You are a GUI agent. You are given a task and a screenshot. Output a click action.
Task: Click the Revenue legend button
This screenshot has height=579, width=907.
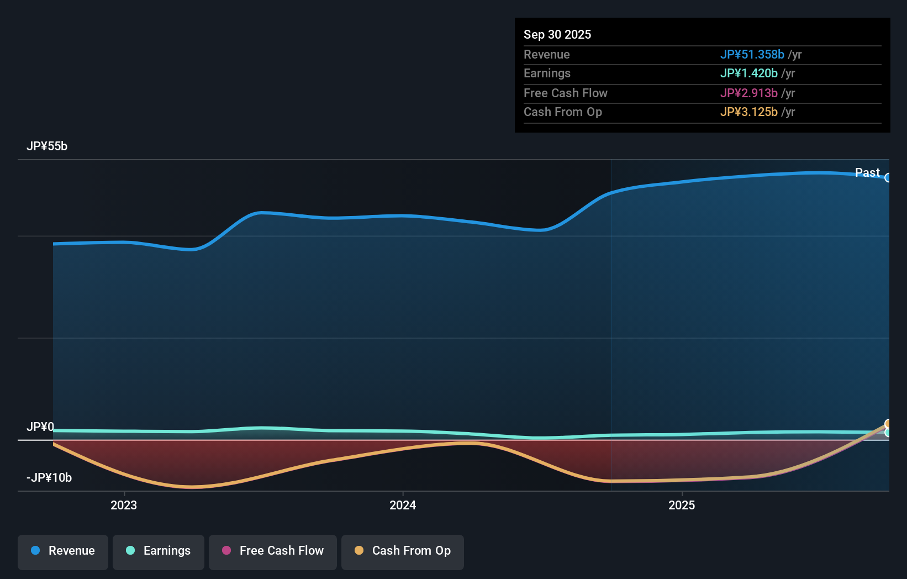(63, 551)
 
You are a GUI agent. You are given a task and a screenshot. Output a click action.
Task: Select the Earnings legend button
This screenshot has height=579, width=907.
(159, 551)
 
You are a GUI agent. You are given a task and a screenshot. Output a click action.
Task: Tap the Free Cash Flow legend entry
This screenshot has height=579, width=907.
(273, 551)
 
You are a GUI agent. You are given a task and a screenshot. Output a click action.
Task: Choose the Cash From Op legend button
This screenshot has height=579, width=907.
(403, 551)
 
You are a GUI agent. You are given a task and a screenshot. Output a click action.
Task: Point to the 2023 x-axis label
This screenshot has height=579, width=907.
(124, 506)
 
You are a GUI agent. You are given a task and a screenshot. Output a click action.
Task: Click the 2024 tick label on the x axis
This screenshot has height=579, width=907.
(403, 506)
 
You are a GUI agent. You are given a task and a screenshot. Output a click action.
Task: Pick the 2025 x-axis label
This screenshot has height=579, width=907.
(682, 506)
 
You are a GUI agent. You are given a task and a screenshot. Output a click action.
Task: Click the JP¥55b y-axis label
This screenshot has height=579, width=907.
(47, 146)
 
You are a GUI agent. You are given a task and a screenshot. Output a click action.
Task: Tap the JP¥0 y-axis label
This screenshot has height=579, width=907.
(40, 427)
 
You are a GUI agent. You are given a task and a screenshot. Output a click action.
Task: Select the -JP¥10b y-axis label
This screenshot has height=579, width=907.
(49, 478)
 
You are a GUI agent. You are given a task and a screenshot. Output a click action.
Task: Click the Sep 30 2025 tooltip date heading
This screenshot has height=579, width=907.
(557, 35)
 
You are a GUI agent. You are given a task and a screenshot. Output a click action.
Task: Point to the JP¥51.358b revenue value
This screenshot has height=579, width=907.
(752, 55)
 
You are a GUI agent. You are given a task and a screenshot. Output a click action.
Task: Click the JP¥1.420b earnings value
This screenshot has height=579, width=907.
(748, 73)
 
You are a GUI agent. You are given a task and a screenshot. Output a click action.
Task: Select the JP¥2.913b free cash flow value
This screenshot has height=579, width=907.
(748, 93)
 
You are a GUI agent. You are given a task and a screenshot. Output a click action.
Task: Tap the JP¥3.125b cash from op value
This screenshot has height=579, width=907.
(748, 112)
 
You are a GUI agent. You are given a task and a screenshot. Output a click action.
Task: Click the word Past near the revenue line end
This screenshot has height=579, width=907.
(867, 173)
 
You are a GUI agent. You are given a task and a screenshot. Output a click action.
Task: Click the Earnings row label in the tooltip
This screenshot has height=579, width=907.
(547, 73)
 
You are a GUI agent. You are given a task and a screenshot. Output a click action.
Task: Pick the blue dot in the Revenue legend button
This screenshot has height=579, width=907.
(35, 551)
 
